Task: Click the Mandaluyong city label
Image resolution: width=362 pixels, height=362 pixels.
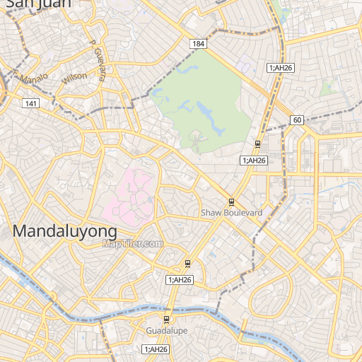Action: pyautogui.click(x=64, y=231)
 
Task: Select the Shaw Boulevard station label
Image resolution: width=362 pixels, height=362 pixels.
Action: pyautogui.click(x=231, y=212)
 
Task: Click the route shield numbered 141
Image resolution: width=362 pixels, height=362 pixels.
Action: pyautogui.click(x=30, y=104)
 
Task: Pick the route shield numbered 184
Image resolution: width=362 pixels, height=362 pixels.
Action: pyautogui.click(x=198, y=45)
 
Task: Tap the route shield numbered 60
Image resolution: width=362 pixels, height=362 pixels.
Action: pyautogui.click(x=296, y=120)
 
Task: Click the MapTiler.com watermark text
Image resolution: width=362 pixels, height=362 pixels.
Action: pyautogui.click(x=132, y=243)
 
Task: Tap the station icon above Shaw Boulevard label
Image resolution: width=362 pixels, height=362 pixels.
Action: pyautogui.click(x=231, y=202)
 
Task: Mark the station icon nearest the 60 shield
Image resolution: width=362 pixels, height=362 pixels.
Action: pyautogui.click(x=257, y=145)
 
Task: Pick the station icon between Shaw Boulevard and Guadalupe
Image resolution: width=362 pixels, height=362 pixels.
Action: pyautogui.click(x=187, y=264)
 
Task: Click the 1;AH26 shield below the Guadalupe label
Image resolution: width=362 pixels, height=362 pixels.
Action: pyautogui.click(x=155, y=349)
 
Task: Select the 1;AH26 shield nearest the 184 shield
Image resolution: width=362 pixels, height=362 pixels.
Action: pyautogui.click(x=281, y=68)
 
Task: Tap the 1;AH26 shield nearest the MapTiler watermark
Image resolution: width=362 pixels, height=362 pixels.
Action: pyautogui.click(x=180, y=281)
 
